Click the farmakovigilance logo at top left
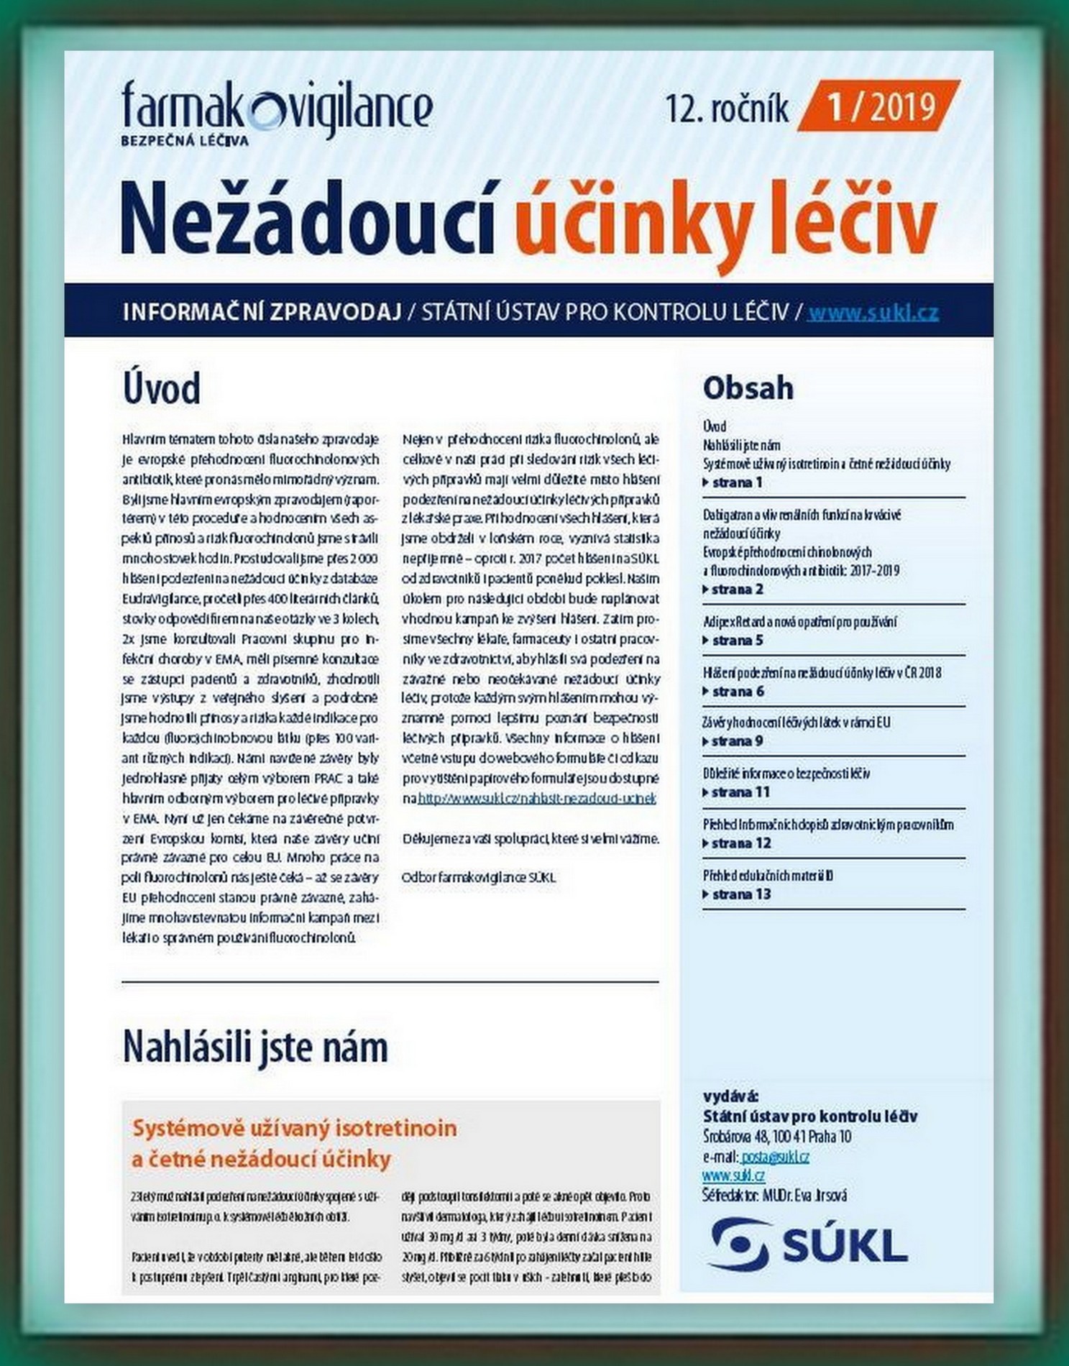click(x=277, y=111)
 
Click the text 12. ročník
click(x=726, y=109)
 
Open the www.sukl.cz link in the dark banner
click(x=873, y=313)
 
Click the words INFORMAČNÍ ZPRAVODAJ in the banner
click(x=262, y=313)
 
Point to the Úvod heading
click(x=162, y=388)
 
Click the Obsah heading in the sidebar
click(x=748, y=388)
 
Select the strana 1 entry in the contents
click(x=736, y=482)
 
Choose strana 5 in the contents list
click(x=736, y=641)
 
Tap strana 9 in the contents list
click(x=736, y=741)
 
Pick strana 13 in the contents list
click(x=740, y=894)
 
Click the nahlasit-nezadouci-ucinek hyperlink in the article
click(x=536, y=799)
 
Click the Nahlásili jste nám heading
click(x=255, y=1047)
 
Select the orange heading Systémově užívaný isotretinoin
click(x=295, y=1128)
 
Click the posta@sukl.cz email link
click(x=775, y=1157)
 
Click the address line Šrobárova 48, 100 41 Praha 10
click(x=776, y=1137)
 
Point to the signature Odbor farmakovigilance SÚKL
click(x=479, y=878)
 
